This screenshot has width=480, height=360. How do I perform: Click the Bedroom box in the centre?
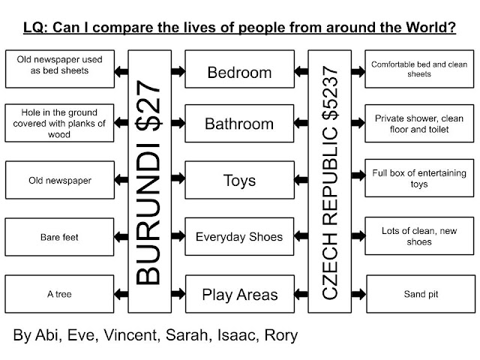coord(239,73)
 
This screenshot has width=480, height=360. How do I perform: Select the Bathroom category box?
coord(239,123)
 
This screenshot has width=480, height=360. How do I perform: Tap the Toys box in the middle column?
coord(239,181)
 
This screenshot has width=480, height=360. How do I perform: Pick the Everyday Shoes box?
coord(239,237)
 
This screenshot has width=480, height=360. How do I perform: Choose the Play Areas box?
coord(239,294)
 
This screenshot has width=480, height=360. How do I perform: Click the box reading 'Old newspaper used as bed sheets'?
coord(60,64)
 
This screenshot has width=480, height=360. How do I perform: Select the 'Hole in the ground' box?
coord(60,123)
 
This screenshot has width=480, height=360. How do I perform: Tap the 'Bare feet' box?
coord(60,237)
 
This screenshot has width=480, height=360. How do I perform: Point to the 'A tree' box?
coord(60,294)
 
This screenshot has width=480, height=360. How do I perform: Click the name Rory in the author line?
coord(279,335)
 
